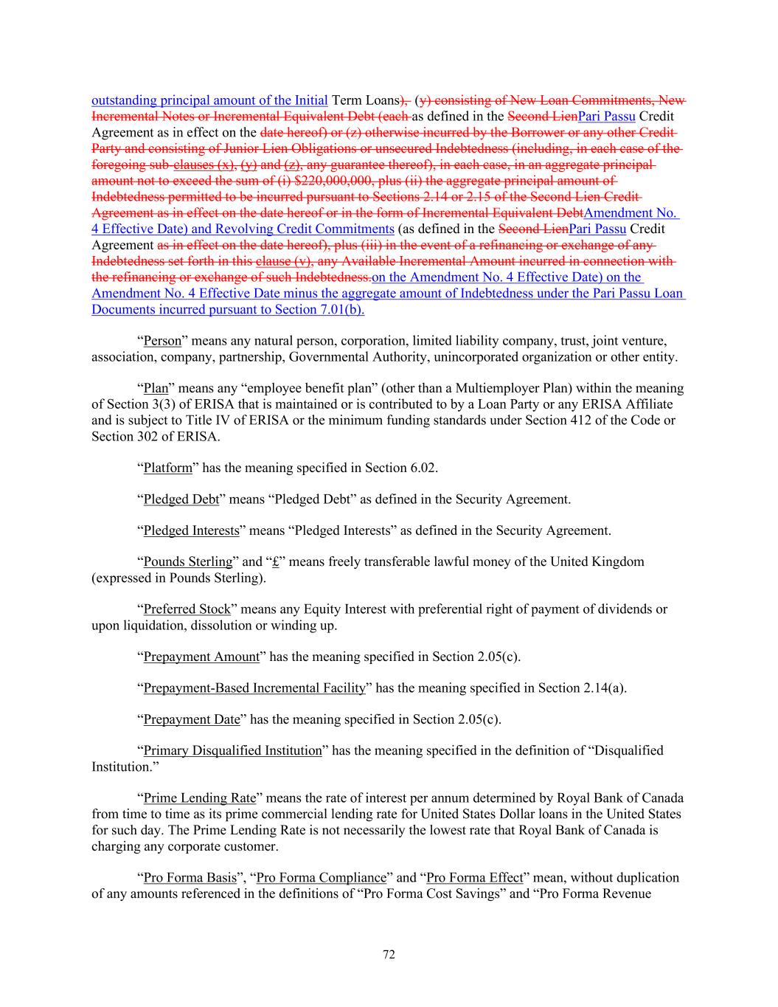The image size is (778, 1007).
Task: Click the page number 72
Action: click(x=389, y=955)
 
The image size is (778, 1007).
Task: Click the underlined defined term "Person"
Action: click(x=161, y=341)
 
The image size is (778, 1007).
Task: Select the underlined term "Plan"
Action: click(x=156, y=388)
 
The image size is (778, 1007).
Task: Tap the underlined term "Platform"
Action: click(x=167, y=468)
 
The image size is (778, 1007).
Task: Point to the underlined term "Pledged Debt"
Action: click(x=181, y=499)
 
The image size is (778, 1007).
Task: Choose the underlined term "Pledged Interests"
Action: click(x=191, y=530)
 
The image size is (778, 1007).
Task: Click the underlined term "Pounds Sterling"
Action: click(x=187, y=562)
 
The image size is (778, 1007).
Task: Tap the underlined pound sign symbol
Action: click(x=275, y=562)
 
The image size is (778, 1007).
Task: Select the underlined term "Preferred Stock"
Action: click(x=187, y=609)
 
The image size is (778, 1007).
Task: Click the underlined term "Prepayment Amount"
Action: click(x=201, y=657)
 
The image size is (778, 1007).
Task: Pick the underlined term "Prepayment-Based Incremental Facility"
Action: click(x=254, y=688)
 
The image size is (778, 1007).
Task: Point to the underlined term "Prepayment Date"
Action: click(x=192, y=719)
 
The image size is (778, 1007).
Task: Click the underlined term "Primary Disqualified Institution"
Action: click(x=232, y=751)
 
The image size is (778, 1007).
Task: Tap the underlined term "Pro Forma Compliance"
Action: click(x=321, y=878)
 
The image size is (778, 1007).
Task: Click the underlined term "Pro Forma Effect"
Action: click(x=475, y=878)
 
